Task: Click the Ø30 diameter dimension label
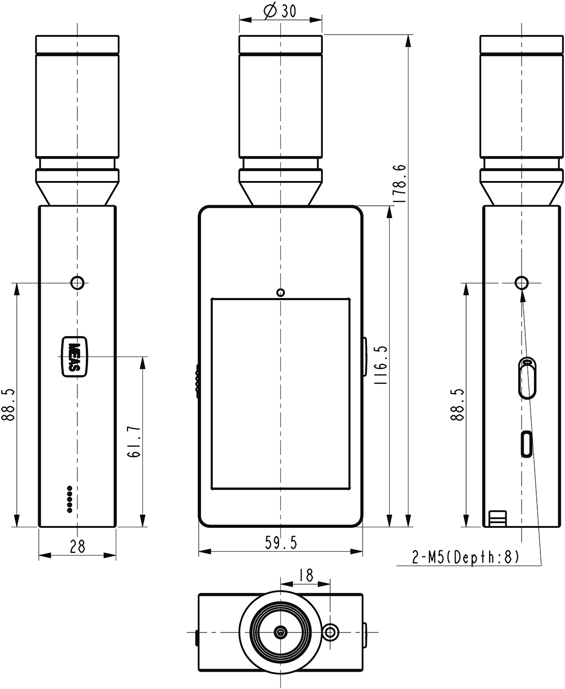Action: (280, 11)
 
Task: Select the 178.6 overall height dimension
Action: (399, 183)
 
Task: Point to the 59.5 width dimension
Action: (280, 543)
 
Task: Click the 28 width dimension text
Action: (77, 547)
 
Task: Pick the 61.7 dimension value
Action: (133, 442)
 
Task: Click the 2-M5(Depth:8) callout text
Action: (466, 558)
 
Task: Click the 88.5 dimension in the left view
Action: (9, 404)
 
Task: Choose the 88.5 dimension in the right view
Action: (458, 404)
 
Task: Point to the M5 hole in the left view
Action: (77, 283)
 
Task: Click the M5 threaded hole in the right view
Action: (522, 283)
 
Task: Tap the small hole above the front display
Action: (281, 292)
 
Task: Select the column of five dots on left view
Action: (69, 499)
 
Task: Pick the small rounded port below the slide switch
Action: (526, 444)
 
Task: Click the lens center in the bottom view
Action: (281, 633)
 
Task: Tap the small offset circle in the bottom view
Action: (330, 632)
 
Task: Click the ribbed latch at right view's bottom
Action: (497, 518)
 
